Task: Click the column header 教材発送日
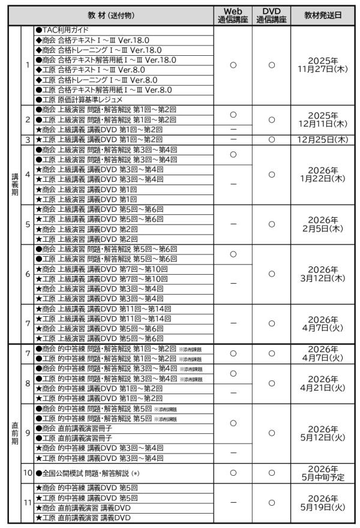[x=323, y=16]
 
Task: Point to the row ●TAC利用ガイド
[x=66, y=29]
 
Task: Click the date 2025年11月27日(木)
[x=323, y=65]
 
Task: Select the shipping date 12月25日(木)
[x=323, y=140]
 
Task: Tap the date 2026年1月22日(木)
[x=323, y=174]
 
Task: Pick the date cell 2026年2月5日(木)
[x=323, y=224]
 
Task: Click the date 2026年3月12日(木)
[x=323, y=274]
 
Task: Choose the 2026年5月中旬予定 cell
[x=323, y=473]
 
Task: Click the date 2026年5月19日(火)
[x=323, y=503]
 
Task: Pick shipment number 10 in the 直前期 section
[x=28, y=473]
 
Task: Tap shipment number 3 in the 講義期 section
[x=28, y=140]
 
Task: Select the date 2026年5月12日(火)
[x=323, y=433]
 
